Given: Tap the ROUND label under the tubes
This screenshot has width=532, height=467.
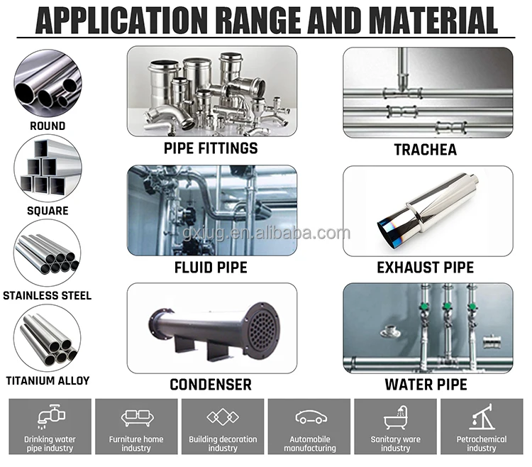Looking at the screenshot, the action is (x=48, y=126).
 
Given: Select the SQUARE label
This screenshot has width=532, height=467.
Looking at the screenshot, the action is (x=48, y=210).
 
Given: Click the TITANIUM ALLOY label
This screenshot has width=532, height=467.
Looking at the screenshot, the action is (x=48, y=380).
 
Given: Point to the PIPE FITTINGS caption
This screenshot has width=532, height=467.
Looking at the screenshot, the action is (x=211, y=148).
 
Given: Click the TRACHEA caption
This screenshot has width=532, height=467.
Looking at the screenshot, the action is (x=426, y=150).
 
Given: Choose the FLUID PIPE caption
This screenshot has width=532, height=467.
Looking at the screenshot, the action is (x=211, y=268).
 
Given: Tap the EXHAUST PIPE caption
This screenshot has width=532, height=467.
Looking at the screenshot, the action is (x=426, y=268).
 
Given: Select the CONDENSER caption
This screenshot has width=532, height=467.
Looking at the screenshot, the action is (x=211, y=385).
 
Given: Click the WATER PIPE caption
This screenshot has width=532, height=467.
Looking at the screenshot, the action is (x=426, y=385).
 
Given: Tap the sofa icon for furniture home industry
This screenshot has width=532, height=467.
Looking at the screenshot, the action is (x=135, y=417).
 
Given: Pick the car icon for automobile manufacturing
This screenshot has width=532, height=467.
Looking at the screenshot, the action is (x=309, y=417).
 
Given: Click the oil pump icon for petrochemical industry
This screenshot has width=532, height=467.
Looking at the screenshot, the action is (x=482, y=416).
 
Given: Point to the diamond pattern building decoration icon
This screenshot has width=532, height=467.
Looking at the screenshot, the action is (x=223, y=417).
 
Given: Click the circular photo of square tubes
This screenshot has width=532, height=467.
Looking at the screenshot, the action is (x=48, y=169).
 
